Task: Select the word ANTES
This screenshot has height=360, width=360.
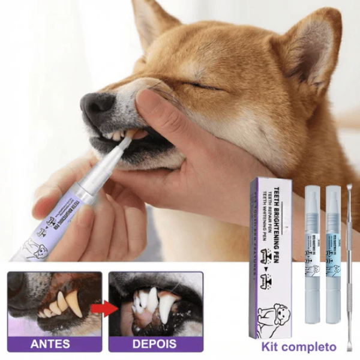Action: (x=50, y=344)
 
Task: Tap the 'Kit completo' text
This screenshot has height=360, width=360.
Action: (x=299, y=346)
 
